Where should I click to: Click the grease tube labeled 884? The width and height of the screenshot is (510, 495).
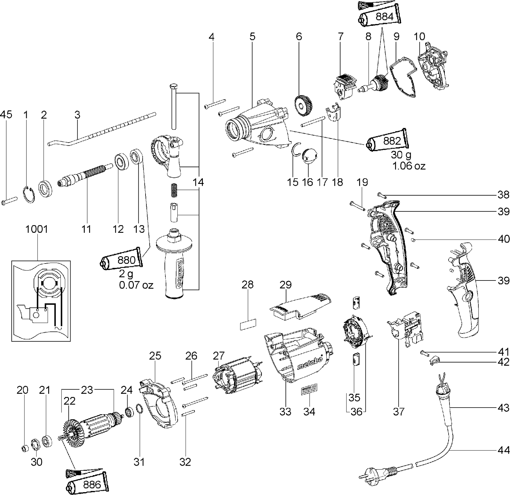380,18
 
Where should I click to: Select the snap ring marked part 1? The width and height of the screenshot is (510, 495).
30,195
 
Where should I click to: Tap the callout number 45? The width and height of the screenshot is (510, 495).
6,114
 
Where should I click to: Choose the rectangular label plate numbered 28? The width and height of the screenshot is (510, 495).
248,324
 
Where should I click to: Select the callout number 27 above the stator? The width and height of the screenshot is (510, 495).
219,356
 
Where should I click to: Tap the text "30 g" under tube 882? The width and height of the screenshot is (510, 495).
402,155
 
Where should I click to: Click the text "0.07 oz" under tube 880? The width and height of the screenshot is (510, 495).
136,285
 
